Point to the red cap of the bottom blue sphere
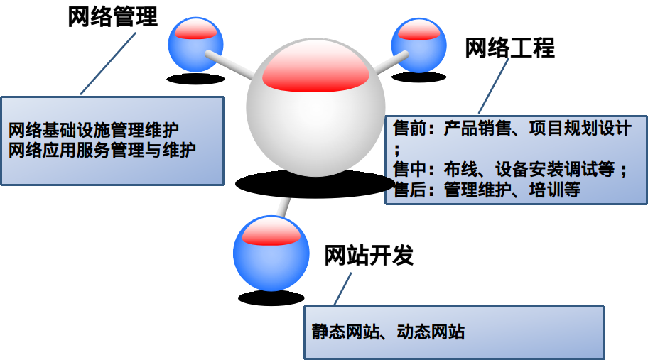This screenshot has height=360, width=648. [x=271, y=231]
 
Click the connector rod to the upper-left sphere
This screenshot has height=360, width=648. [x=229, y=63]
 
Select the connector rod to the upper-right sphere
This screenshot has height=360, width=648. [x=388, y=64]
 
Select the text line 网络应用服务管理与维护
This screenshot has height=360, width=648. [x=102, y=151]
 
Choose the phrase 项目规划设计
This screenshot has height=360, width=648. [x=579, y=129]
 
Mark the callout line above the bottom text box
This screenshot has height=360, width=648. [x=342, y=288]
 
